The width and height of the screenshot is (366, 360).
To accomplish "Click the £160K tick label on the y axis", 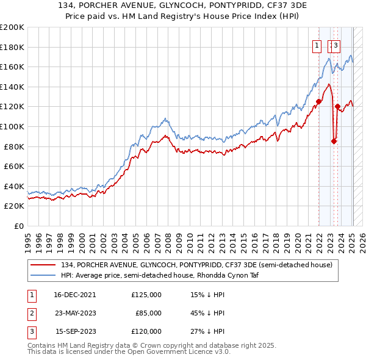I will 12,67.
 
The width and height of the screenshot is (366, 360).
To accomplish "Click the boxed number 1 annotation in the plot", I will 317,45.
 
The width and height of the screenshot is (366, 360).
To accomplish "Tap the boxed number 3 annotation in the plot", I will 336,45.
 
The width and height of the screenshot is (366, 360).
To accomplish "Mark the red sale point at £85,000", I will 334,142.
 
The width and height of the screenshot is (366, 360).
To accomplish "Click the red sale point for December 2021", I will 318,102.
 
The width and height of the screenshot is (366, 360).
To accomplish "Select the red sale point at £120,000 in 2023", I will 337,107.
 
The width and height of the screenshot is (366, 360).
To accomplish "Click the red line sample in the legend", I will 43,265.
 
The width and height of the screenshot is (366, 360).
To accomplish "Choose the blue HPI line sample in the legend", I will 43,275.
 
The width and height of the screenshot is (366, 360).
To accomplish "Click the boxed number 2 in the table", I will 30,313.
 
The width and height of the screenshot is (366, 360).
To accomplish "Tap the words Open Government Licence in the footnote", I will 174,352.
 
